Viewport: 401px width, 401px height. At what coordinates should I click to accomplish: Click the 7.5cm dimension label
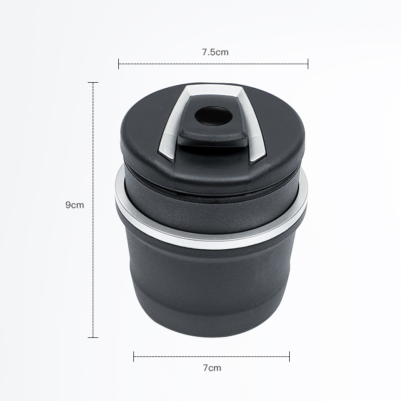pos(215,52)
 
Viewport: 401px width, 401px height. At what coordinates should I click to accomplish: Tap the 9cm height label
pos(74,205)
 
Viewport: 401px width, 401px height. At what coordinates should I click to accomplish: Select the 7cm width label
pos(212,368)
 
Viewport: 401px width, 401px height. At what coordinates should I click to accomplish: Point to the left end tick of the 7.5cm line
pos(118,64)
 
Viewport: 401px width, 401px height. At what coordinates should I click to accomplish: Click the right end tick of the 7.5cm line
pos(308,64)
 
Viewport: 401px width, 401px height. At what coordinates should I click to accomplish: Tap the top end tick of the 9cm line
pos(93,83)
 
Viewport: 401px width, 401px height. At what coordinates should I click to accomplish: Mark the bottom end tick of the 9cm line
pos(93,337)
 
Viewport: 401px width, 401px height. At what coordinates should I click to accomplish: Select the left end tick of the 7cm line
pos(133,356)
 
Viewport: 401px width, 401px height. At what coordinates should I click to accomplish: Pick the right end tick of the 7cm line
pos(290,356)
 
